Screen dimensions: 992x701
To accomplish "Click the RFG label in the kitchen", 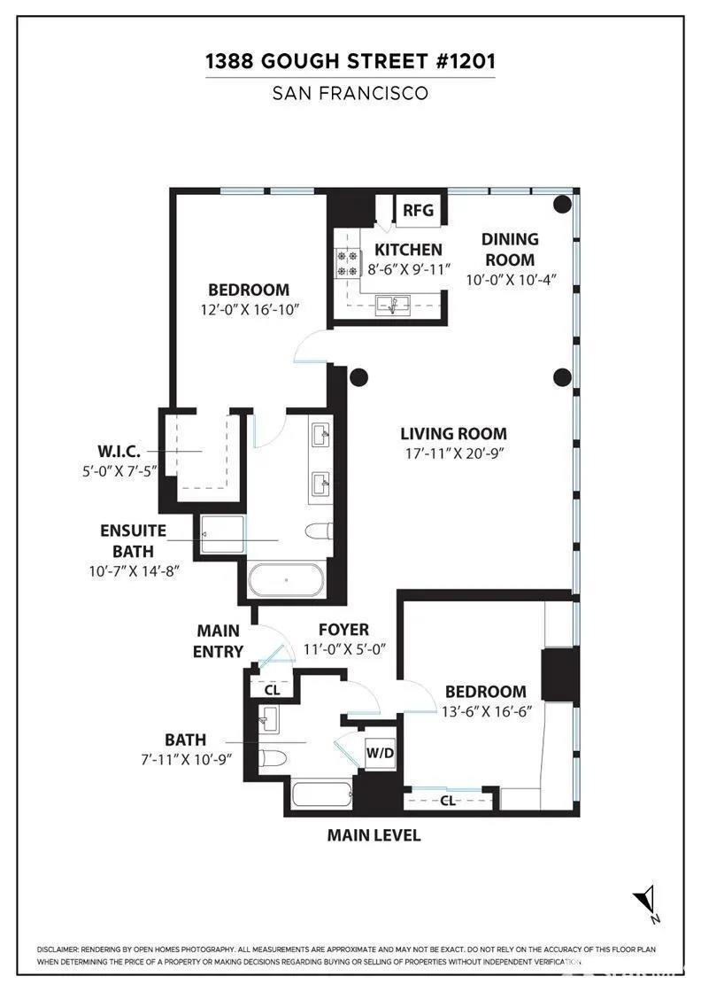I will click(x=419, y=210).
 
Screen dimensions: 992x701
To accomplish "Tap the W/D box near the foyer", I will click(x=379, y=753).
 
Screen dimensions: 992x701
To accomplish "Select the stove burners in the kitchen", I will click(x=344, y=264).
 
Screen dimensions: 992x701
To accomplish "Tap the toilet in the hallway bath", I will click(x=273, y=759).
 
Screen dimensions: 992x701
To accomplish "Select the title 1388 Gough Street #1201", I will click(x=350, y=61).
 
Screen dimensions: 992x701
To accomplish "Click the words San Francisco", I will click(x=350, y=93).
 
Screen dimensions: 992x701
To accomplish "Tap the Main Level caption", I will click(x=374, y=835).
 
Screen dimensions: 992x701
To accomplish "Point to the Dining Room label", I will click(x=509, y=249).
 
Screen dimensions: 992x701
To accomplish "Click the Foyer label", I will click(x=343, y=630).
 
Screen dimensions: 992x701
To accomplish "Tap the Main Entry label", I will click(x=219, y=641).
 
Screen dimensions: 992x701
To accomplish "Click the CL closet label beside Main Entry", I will click(x=272, y=689).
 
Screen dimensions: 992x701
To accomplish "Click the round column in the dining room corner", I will click(x=562, y=204).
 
